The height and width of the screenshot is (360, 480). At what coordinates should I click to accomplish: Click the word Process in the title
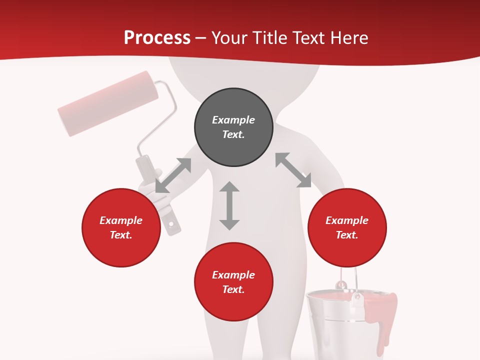point(157,37)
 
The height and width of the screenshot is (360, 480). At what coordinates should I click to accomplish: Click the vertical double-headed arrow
point(229,205)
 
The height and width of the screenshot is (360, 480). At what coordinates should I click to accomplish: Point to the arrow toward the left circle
point(173,175)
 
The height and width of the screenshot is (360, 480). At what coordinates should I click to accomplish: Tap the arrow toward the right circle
point(293,170)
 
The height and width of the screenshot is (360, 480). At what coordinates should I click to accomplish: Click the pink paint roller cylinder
point(108,103)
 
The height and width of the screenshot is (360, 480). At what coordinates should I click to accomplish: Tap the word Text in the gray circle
point(233,134)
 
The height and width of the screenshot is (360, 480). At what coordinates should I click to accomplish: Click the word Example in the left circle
point(121,220)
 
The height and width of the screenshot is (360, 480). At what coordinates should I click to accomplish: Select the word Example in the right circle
point(347,220)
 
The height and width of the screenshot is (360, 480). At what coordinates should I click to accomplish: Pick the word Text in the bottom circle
point(233,289)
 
